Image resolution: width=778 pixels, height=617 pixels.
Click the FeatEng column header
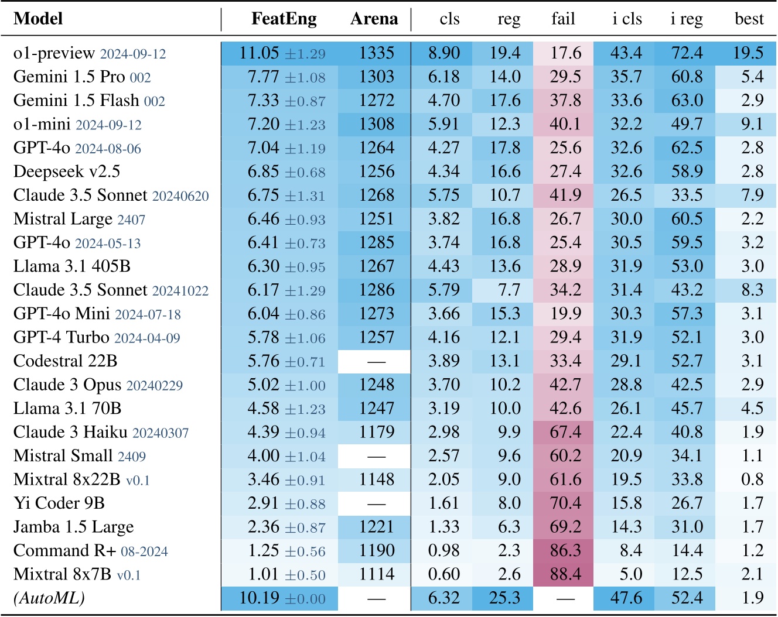coord(284,19)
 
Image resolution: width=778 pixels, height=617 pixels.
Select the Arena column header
coord(374,19)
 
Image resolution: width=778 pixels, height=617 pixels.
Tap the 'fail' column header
coord(563,19)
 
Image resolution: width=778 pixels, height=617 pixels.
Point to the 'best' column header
coord(749,19)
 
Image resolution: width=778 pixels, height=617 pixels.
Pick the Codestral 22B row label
coord(66,361)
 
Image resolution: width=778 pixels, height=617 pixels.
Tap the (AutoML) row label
coord(49,598)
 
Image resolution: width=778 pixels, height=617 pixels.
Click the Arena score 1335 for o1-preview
coord(377,53)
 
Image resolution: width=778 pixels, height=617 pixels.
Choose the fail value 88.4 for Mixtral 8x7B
coord(565,574)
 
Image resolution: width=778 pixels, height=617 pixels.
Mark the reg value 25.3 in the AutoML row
coord(504,598)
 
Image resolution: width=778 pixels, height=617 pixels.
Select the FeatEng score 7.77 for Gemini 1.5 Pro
coord(263,77)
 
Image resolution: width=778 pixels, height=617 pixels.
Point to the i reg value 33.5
coord(687,196)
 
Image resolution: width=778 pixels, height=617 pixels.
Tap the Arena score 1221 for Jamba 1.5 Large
coord(377,527)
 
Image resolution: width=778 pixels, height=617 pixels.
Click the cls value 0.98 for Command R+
coord(443,551)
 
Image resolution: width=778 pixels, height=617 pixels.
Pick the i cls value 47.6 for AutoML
coord(626,598)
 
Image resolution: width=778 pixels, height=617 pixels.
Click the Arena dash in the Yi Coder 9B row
coord(376,503)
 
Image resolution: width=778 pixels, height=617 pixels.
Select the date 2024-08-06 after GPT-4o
coord(108,149)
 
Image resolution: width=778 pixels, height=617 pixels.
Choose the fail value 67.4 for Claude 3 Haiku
coord(565,432)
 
